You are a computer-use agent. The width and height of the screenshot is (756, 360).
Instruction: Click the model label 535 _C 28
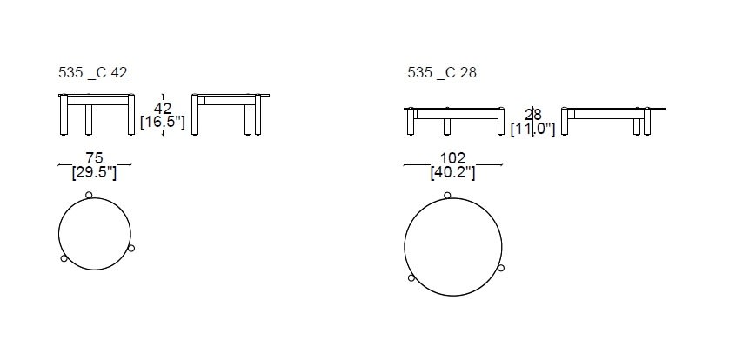tap(441, 73)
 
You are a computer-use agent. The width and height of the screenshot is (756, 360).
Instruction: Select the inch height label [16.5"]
tap(163, 123)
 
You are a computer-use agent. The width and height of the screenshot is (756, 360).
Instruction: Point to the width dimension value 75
tap(94, 157)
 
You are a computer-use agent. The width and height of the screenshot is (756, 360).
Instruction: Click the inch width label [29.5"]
tap(94, 172)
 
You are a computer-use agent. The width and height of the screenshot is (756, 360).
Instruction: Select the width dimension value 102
tap(452, 158)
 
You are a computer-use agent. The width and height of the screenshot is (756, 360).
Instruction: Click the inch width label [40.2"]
tap(452, 172)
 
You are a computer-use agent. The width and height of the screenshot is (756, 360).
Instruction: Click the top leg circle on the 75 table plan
tap(89, 196)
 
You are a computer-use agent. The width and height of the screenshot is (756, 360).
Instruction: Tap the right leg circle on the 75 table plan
tap(131, 249)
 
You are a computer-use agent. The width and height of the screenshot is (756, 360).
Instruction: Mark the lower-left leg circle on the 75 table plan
tap(63, 258)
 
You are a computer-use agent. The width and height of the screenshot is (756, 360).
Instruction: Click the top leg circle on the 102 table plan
tap(447, 195)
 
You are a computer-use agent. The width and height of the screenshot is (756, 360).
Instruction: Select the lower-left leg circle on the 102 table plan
tap(411, 278)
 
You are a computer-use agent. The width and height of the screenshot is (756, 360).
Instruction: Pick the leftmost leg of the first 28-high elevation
tap(410, 123)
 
